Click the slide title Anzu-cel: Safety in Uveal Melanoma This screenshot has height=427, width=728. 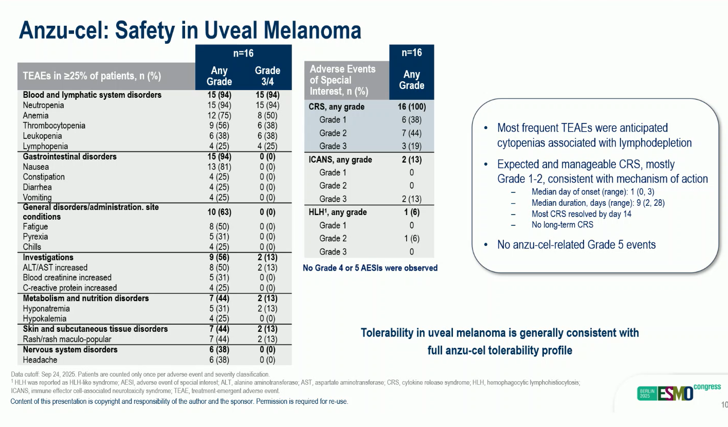190,30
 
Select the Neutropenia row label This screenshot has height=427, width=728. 44,105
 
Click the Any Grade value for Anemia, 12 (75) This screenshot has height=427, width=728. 219,115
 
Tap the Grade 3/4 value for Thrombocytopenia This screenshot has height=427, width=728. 267,126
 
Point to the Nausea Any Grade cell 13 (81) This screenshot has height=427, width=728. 219,167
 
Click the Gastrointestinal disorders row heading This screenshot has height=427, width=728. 70,156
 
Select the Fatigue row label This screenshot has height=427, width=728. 35,226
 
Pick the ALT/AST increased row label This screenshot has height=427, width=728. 55,268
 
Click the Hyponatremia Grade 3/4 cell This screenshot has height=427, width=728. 267,309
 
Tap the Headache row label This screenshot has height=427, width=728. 40,360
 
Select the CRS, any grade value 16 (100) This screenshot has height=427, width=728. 411,107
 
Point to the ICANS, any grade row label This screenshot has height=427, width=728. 340,159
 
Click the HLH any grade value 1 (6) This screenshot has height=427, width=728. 411,212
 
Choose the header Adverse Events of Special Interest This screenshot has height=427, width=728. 343,80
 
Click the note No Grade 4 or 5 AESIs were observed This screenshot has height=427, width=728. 370,268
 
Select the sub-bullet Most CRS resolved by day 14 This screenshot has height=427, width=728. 581,214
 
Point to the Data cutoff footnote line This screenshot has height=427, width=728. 140,374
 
